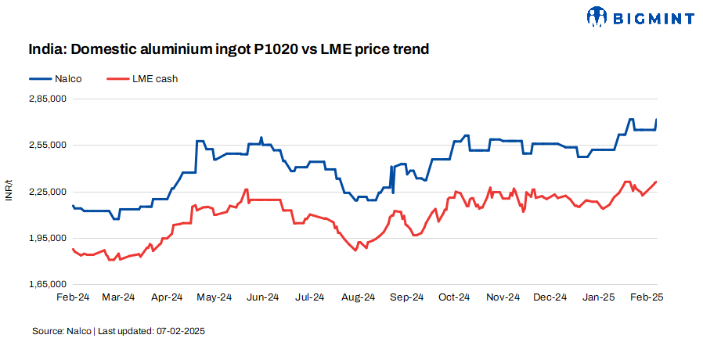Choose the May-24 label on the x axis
coord(215,297)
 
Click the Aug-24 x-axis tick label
coord(359,297)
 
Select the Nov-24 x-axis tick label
coord(503,297)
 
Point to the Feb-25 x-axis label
coord(646,297)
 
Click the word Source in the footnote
coord(45,331)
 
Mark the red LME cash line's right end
coord(656,182)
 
